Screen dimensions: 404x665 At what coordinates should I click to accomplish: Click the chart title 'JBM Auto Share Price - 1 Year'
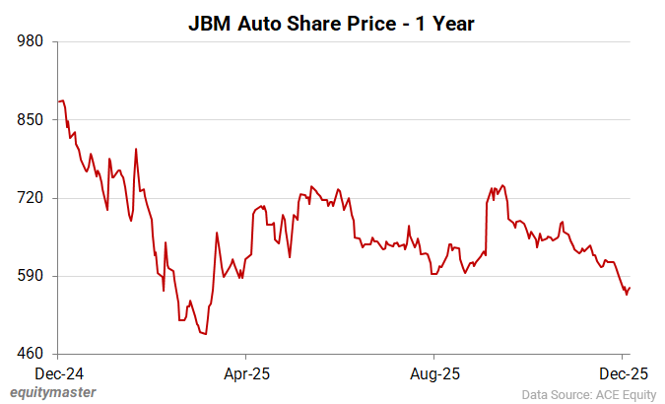coord(332,23)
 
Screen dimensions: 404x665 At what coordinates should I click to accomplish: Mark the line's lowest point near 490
coord(205,334)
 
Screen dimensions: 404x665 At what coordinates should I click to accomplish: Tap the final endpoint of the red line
coord(630,288)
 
